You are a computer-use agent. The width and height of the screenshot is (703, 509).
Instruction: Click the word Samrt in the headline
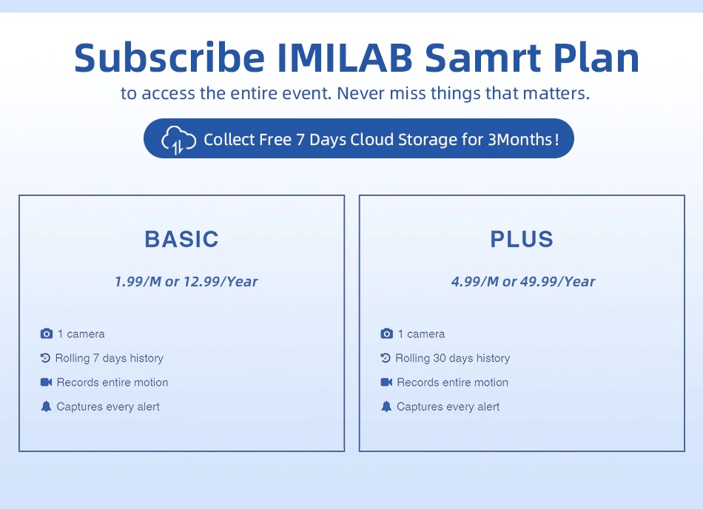(482, 58)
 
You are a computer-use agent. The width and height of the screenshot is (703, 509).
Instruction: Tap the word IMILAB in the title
(345, 58)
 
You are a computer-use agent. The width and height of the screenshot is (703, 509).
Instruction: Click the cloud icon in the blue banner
(178, 140)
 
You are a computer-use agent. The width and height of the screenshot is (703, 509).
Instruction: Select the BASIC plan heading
(181, 239)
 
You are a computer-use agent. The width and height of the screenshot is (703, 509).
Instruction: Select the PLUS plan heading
(522, 239)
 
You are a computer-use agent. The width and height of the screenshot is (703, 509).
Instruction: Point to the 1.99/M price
(138, 281)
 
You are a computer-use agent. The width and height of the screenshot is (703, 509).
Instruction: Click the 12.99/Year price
(221, 281)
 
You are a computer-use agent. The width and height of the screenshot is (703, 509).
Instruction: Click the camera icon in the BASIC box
(46, 334)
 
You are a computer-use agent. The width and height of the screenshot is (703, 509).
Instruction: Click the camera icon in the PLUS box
(386, 334)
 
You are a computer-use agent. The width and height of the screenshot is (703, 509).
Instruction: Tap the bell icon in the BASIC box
(46, 406)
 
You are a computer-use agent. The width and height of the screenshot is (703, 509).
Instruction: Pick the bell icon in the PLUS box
(386, 406)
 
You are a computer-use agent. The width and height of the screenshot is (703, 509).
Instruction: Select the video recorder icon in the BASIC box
(46, 382)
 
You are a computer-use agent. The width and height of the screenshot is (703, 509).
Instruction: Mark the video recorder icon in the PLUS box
(386, 382)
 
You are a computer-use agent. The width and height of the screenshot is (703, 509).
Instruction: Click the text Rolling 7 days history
(109, 358)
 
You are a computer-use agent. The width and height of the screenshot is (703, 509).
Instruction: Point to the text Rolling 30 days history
(452, 358)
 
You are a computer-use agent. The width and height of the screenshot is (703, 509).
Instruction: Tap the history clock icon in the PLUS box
(386, 358)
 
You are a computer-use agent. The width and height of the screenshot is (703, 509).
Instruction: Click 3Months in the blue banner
(520, 139)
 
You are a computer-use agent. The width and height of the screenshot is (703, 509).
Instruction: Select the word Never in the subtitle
(361, 93)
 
